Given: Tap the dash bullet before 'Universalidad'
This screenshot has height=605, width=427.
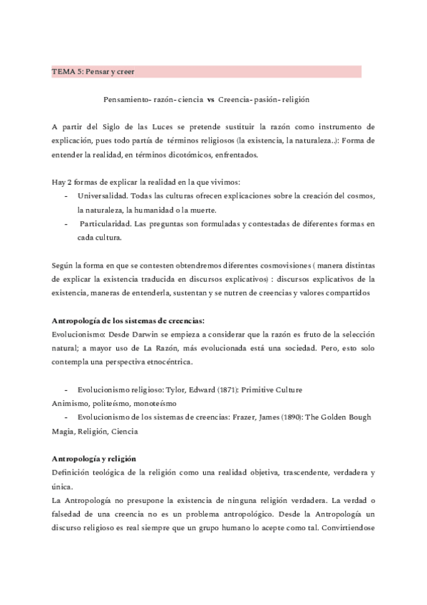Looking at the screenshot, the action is click(x=66, y=196).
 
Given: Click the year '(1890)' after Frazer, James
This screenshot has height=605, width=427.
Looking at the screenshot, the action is click(x=279, y=417).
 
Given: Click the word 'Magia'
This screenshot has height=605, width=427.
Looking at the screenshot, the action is click(x=64, y=431).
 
